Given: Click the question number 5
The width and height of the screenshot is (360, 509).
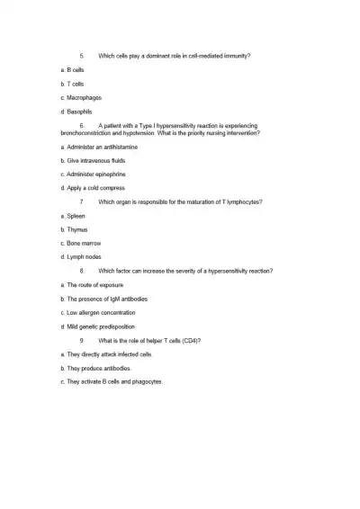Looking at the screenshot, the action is [82, 56].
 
